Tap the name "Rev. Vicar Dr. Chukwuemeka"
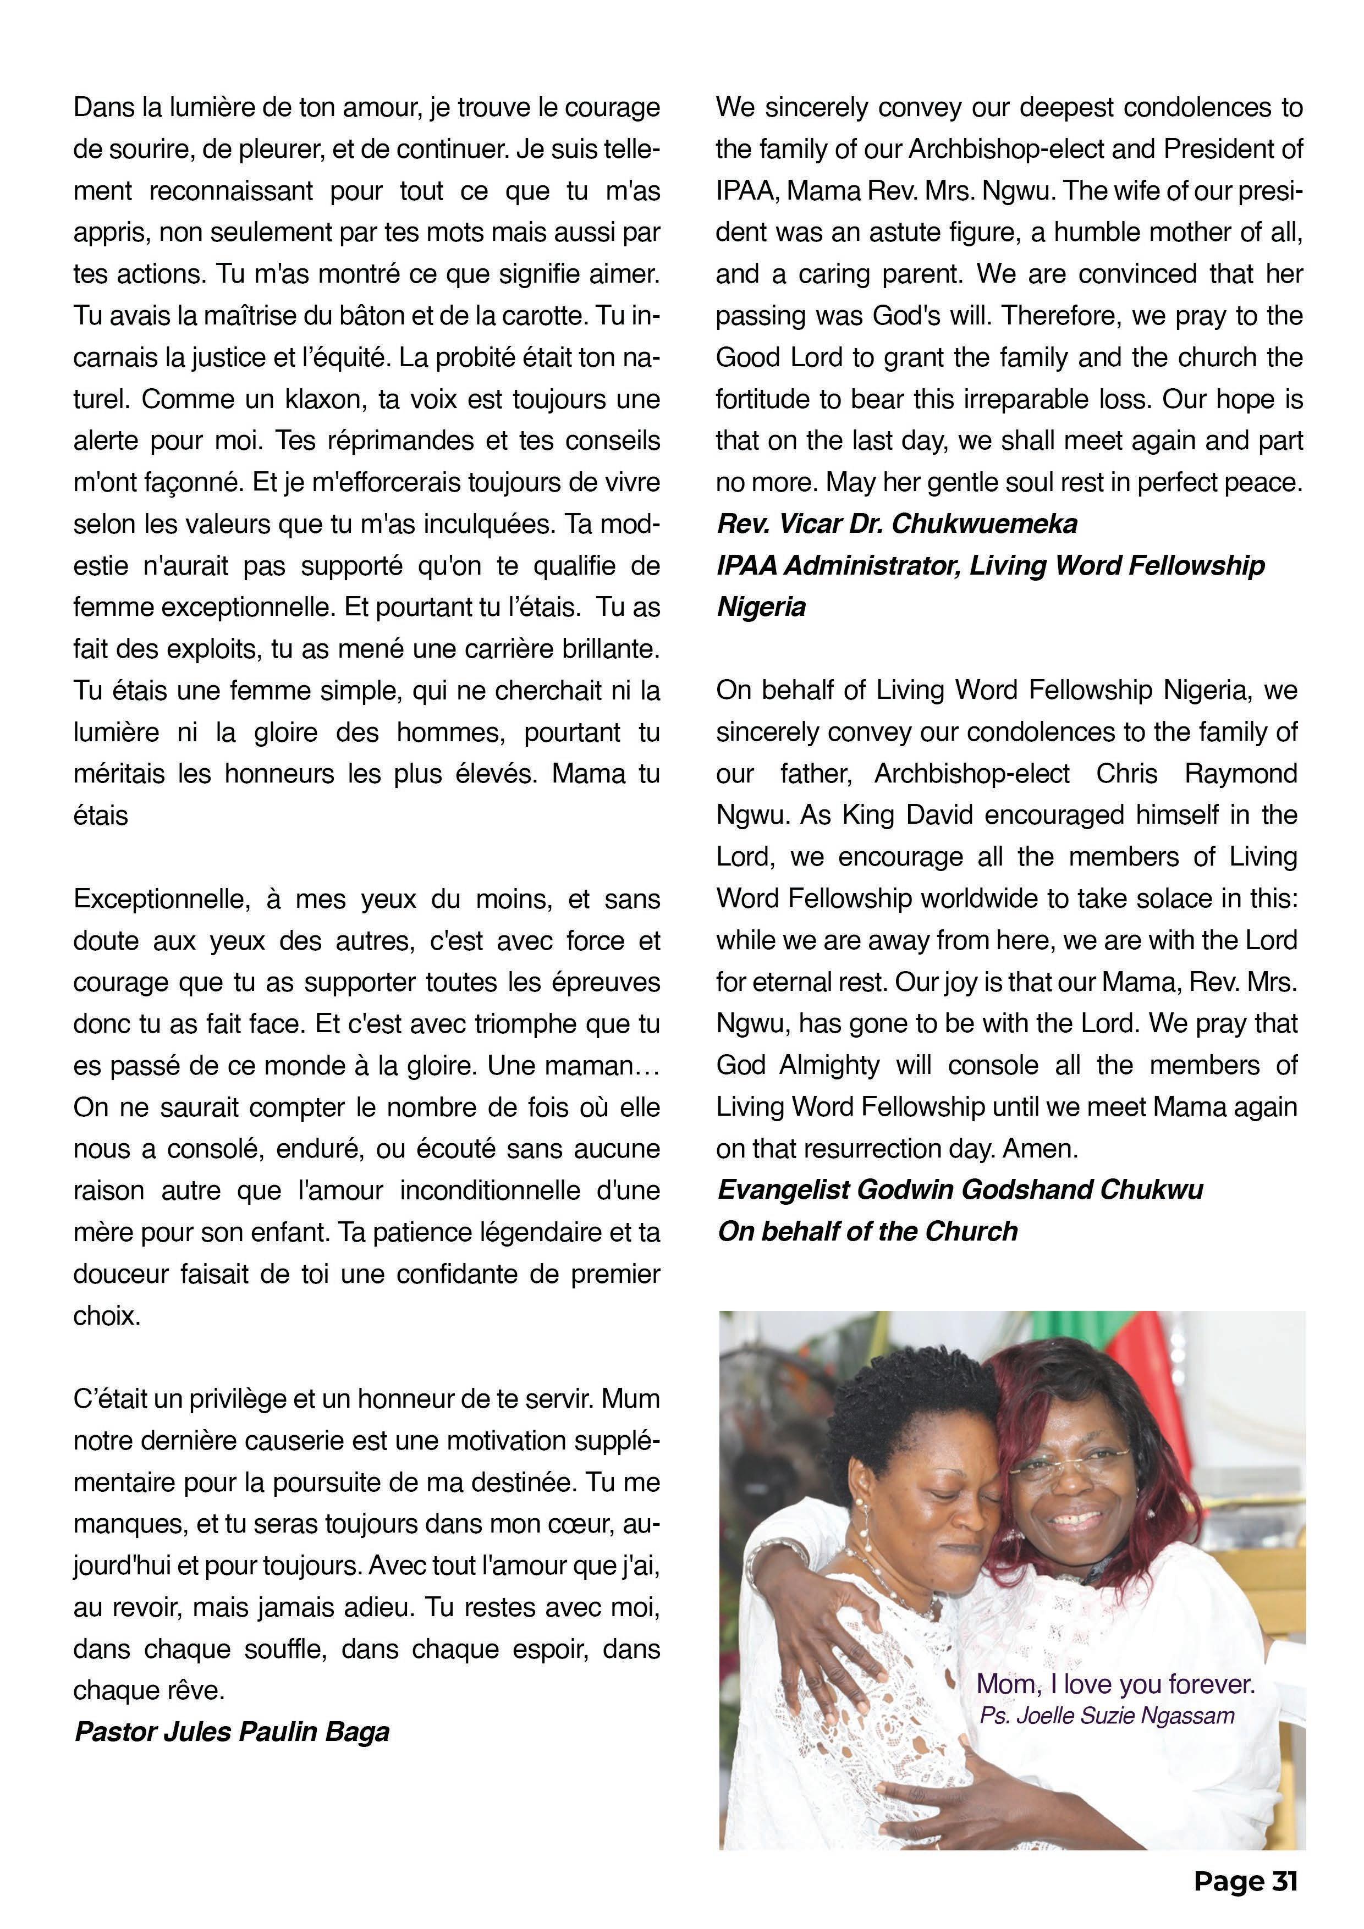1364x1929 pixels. click(x=897, y=523)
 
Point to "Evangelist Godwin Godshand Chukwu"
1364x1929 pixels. click(x=960, y=1189)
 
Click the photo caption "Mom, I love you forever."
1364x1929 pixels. click(x=1115, y=1684)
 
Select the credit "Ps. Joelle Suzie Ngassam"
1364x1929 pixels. click(x=1107, y=1715)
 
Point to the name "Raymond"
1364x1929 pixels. click(x=1240, y=773)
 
